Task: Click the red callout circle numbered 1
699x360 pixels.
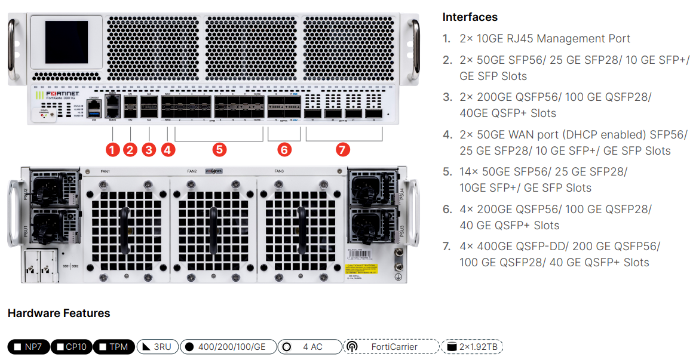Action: (111, 149)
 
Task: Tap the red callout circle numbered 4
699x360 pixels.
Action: (168, 149)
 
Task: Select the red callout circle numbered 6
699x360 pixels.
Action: (284, 149)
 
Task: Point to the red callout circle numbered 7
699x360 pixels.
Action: (342, 149)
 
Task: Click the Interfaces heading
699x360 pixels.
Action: (470, 17)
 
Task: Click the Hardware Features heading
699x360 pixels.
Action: (59, 313)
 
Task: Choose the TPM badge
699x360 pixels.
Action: (114, 347)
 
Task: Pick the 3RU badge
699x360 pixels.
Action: (157, 347)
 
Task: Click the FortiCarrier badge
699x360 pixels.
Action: (391, 347)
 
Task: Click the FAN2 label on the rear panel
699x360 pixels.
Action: (192, 171)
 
